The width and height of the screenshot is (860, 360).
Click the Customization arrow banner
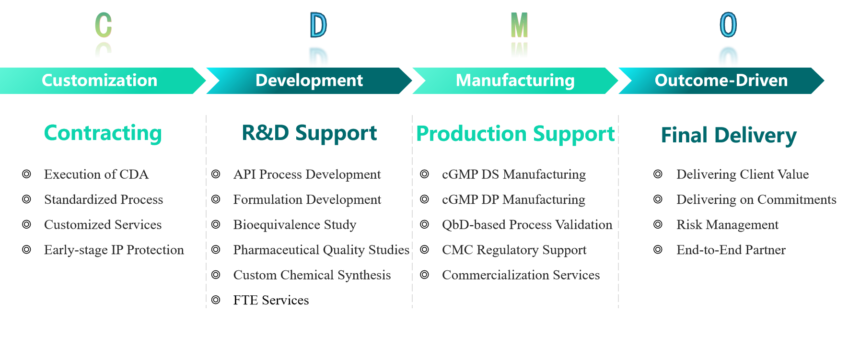tap(100, 81)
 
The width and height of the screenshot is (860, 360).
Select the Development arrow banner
tap(309, 81)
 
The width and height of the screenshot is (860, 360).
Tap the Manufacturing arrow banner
tap(515, 81)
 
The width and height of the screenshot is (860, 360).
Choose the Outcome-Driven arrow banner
tap(721, 81)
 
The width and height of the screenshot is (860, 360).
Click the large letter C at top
tap(103, 25)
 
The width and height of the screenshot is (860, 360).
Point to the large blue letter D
tap(318, 25)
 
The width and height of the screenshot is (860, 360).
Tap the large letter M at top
tap(519, 25)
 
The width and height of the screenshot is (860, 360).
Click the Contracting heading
tap(103, 133)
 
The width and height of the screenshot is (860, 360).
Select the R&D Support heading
tap(309, 133)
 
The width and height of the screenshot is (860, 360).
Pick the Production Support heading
tap(515, 134)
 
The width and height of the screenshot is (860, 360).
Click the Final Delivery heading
tap(729, 136)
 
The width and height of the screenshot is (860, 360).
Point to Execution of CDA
tap(96, 174)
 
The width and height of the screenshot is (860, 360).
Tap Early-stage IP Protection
tap(114, 250)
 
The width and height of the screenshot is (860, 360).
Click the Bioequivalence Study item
tap(295, 225)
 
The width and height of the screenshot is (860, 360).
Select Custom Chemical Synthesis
tap(312, 275)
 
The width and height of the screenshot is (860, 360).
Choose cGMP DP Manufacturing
tap(513, 200)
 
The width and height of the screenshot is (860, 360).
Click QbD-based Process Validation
tap(527, 225)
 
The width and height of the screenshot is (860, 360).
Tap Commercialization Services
tap(521, 275)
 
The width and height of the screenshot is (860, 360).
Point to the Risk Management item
tap(727, 225)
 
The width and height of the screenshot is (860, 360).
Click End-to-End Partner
tap(731, 250)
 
